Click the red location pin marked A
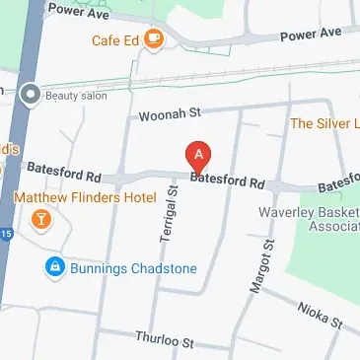pos(199,156)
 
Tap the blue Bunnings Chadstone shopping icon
pos(54,267)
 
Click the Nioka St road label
pos(320,314)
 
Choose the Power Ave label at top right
pos(310,34)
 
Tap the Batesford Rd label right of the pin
pos(228,182)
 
